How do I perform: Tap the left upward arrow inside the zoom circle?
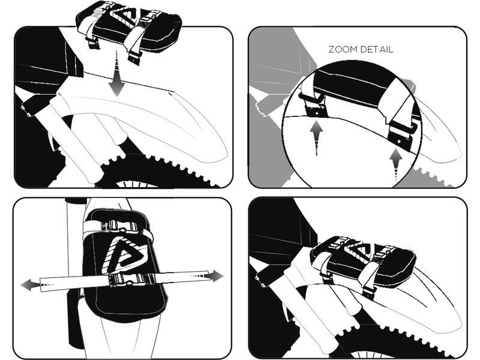click(x=316, y=138)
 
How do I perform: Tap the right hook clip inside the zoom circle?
click(x=403, y=134)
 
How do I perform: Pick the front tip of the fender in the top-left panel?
click(x=227, y=155)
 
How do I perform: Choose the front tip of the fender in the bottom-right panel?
click(x=461, y=328)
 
